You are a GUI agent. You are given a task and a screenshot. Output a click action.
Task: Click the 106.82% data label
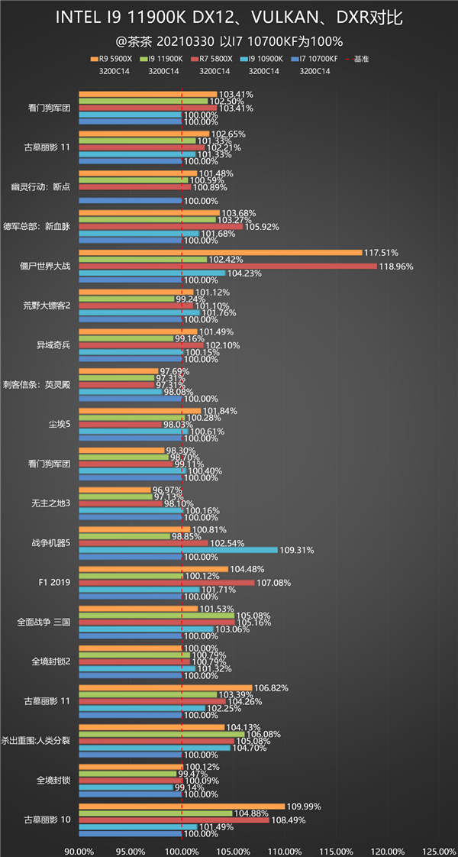click(272, 688)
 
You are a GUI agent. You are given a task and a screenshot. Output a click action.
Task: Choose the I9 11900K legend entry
click(163, 59)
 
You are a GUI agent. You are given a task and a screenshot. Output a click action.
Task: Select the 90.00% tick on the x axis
click(79, 851)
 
